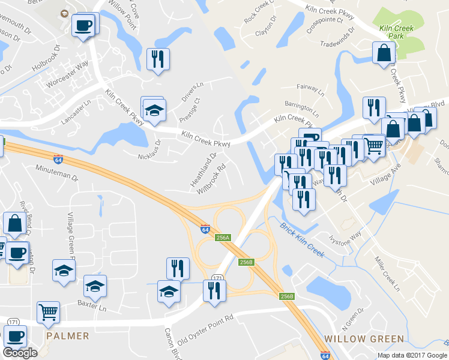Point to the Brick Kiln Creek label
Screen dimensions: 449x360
coord(302,240)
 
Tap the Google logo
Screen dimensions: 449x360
coord(20,353)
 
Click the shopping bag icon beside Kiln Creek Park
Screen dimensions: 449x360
coord(382,53)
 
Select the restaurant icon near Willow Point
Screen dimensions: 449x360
coord(158,59)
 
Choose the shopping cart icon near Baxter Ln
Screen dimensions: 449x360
coord(48,312)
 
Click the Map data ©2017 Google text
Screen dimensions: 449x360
coord(412,355)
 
